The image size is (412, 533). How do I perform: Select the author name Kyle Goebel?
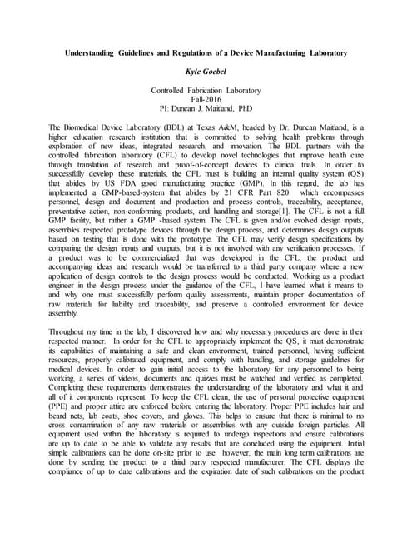[206, 72]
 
